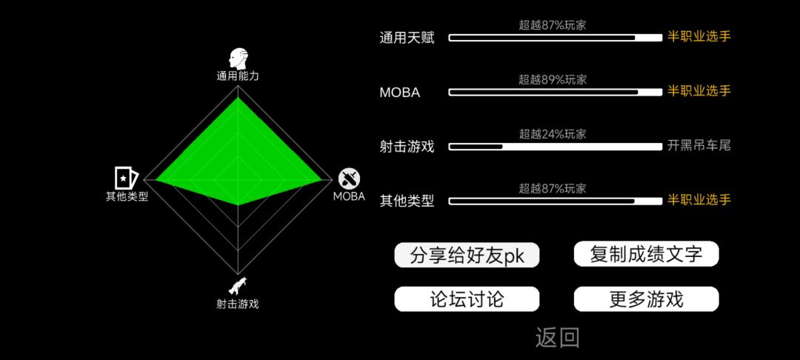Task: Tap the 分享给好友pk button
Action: [467, 255]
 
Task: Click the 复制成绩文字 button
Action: [647, 254]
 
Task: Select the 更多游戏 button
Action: [647, 299]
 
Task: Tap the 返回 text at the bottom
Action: [557, 338]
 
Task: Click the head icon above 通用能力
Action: [238, 59]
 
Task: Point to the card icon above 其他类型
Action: [126, 178]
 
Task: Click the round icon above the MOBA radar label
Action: [350, 179]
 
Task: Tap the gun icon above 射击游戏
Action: [237, 286]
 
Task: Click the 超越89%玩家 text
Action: [553, 79]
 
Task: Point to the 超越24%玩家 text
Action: [553, 134]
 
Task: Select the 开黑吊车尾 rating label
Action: [699, 146]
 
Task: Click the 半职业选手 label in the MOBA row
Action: [699, 91]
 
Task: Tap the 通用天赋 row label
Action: [407, 38]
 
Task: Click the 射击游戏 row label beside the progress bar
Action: [407, 147]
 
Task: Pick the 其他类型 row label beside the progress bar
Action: [407, 201]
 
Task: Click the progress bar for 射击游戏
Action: [555, 147]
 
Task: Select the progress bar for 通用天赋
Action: [555, 38]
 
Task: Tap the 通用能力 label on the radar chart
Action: [238, 77]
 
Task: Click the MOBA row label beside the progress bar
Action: [400, 93]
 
